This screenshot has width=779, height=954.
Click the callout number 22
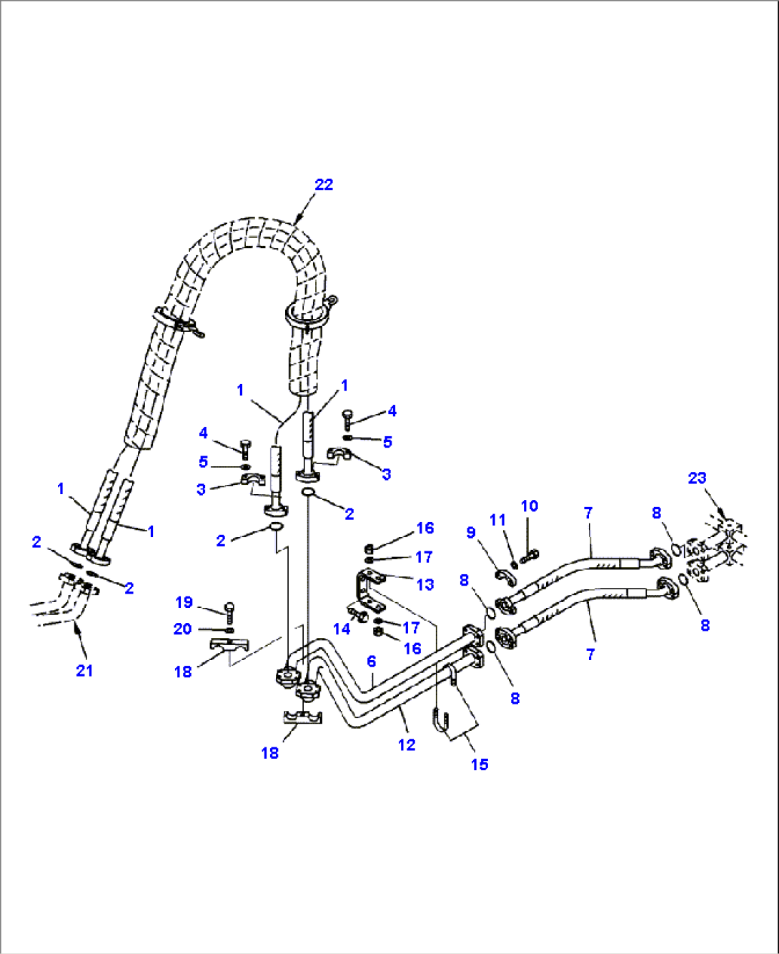pyautogui.click(x=324, y=185)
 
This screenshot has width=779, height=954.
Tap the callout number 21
pyautogui.click(x=84, y=670)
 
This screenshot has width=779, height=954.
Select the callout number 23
pyautogui.click(x=697, y=478)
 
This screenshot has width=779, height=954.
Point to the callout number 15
pyautogui.click(x=479, y=764)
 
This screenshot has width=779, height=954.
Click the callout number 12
pyautogui.click(x=406, y=744)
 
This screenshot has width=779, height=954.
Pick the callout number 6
pyautogui.click(x=372, y=662)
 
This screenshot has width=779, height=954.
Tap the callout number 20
pyautogui.click(x=182, y=629)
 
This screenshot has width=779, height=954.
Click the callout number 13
pyautogui.click(x=425, y=584)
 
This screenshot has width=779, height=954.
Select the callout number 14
pyautogui.click(x=342, y=629)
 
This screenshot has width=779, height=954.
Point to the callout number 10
pyautogui.click(x=529, y=506)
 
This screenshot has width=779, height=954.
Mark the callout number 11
pyautogui.click(x=497, y=520)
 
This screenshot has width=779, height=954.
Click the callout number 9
pyautogui.click(x=470, y=532)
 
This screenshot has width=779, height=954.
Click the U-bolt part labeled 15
pyautogui.click(x=442, y=719)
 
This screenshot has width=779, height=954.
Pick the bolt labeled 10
pyautogui.click(x=530, y=554)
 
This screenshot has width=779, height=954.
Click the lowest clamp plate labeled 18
pyautogui.click(x=302, y=717)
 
